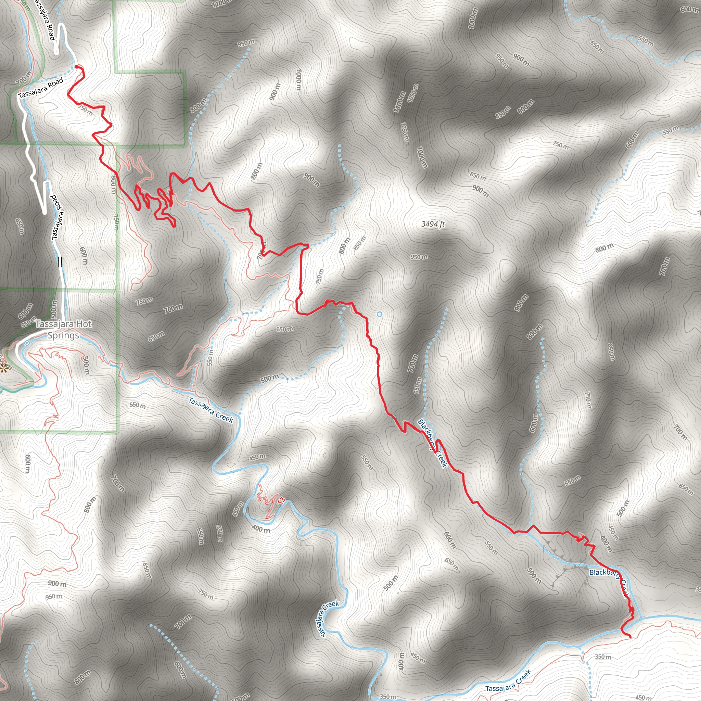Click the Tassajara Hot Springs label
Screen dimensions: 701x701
64,329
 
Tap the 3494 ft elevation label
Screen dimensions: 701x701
433,224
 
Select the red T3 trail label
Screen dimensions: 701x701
281,501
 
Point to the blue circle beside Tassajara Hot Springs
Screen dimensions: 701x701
27,343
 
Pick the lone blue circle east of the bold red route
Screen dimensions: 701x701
380,314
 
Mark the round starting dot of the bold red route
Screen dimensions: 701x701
77,67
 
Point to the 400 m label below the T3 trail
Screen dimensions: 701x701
261,529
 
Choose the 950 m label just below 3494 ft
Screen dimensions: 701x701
419,257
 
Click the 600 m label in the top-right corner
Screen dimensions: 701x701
689,9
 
